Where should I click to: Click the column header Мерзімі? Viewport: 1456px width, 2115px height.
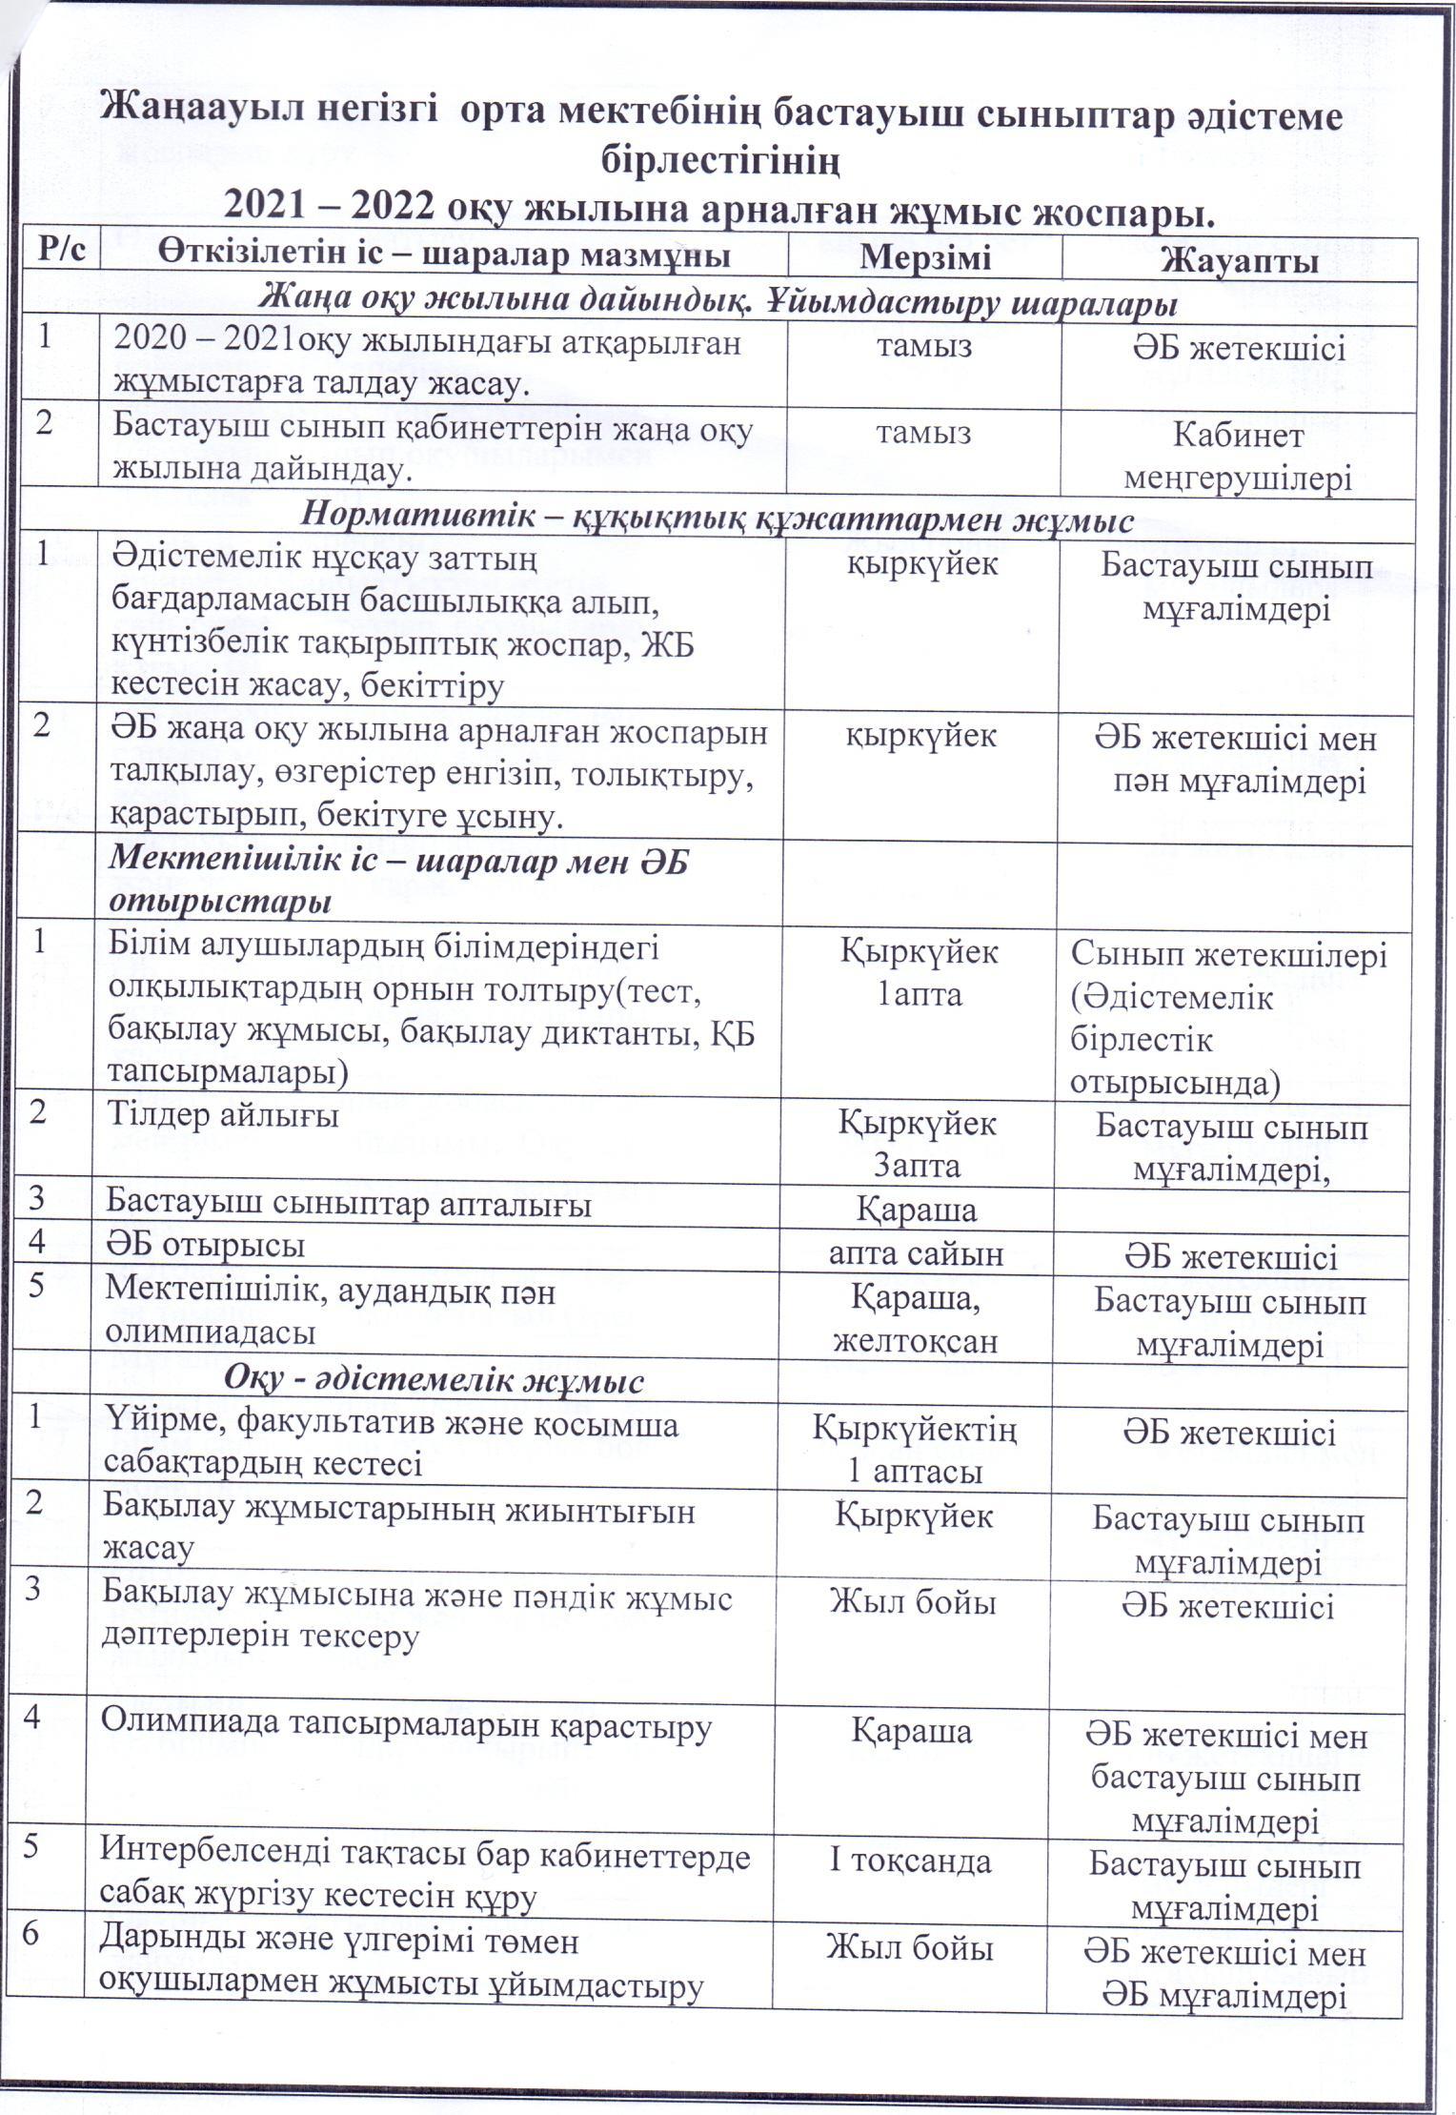[x=924, y=256]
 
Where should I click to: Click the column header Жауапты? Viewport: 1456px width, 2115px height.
[x=1239, y=258]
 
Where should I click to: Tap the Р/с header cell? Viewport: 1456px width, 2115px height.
[x=63, y=254]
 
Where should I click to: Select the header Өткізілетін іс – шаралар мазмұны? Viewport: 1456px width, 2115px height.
[x=445, y=255]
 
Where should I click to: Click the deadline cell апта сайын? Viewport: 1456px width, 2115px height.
[x=916, y=1253]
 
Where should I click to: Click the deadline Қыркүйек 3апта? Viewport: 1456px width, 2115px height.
[x=917, y=1143]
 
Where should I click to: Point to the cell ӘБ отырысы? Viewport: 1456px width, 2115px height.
[x=206, y=1246]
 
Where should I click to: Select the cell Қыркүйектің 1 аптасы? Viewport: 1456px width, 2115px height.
[x=915, y=1450]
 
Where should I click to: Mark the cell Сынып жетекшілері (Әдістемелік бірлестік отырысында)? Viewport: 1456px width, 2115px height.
[x=1228, y=1016]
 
